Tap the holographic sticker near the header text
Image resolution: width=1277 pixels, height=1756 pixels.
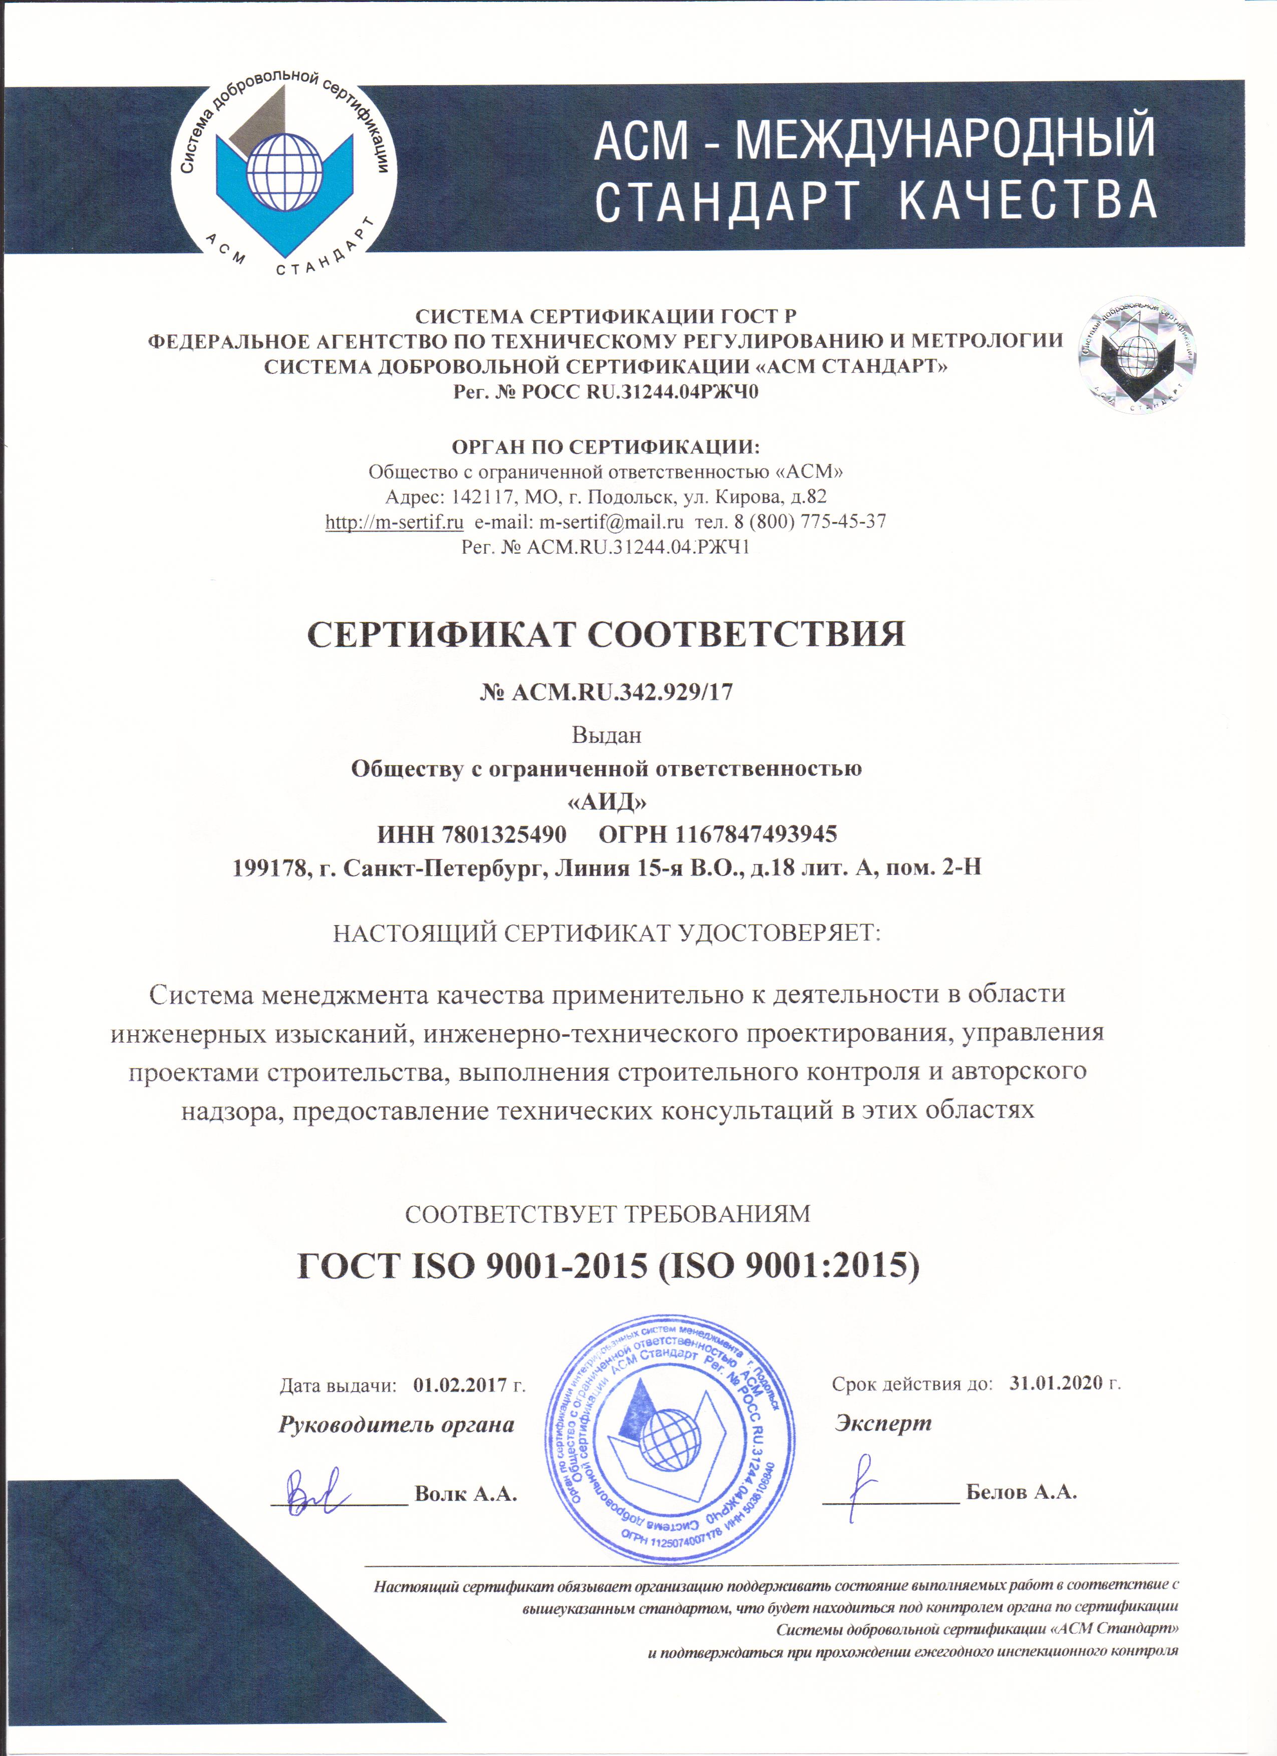point(1137,354)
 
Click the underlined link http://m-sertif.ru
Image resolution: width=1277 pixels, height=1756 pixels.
point(394,522)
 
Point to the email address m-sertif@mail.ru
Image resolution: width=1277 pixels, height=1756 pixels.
point(611,522)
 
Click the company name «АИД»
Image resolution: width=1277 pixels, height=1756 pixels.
point(606,801)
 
